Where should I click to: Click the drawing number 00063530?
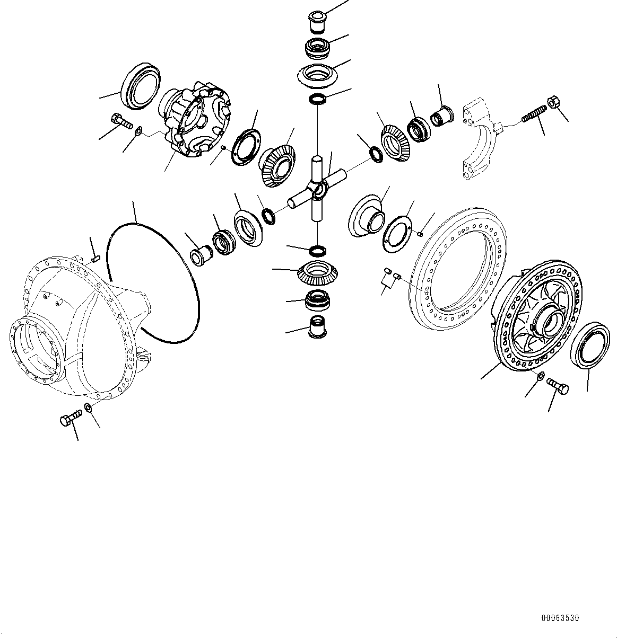560,618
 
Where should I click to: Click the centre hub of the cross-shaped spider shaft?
318,189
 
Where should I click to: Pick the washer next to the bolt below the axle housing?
88,407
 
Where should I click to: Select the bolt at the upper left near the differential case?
122,121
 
